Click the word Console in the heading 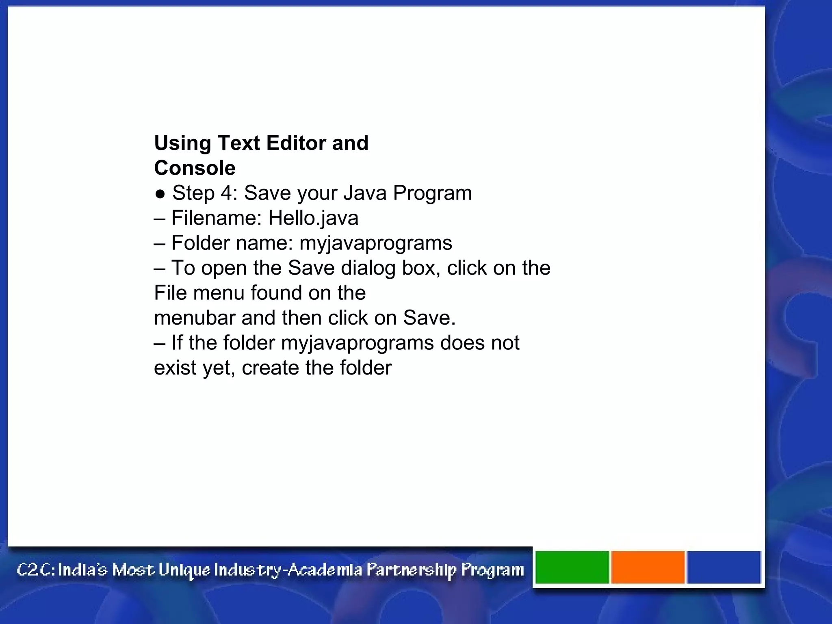pyautogui.click(x=195, y=168)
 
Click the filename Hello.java pyautogui.click(x=313, y=218)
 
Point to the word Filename pyautogui.click(x=217, y=218)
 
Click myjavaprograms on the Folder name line pyautogui.click(x=375, y=243)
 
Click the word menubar pyautogui.click(x=195, y=318)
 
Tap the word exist pyautogui.click(x=175, y=368)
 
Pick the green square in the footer pyautogui.click(x=572, y=567)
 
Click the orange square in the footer pyautogui.click(x=648, y=567)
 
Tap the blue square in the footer pyautogui.click(x=724, y=567)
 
